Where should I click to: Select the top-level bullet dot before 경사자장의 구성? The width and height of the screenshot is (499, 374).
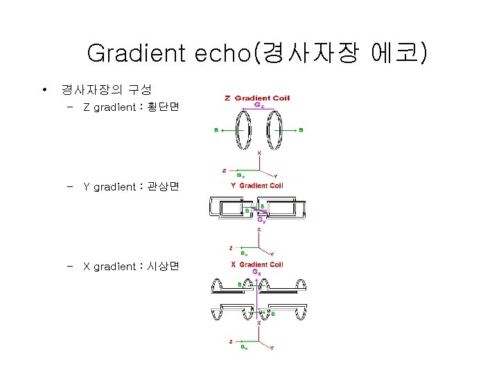[44, 90]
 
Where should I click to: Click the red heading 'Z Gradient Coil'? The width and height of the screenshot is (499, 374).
[257, 98]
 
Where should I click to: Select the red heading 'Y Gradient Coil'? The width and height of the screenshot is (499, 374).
[257, 186]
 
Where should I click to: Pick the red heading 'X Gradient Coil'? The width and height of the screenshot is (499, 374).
[257, 265]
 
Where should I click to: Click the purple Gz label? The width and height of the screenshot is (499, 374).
[258, 106]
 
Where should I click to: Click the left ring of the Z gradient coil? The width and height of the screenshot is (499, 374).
[243, 130]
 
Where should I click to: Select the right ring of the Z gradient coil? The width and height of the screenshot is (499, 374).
[274, 130]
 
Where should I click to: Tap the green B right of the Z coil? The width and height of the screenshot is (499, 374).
[301, 130]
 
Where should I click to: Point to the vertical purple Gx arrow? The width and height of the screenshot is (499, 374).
[257, 298]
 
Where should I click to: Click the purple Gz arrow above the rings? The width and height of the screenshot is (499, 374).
[258, 111]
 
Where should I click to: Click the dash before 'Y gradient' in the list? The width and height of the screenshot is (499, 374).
[71, 187]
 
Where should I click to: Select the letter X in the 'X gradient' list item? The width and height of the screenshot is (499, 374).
[87, 267]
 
